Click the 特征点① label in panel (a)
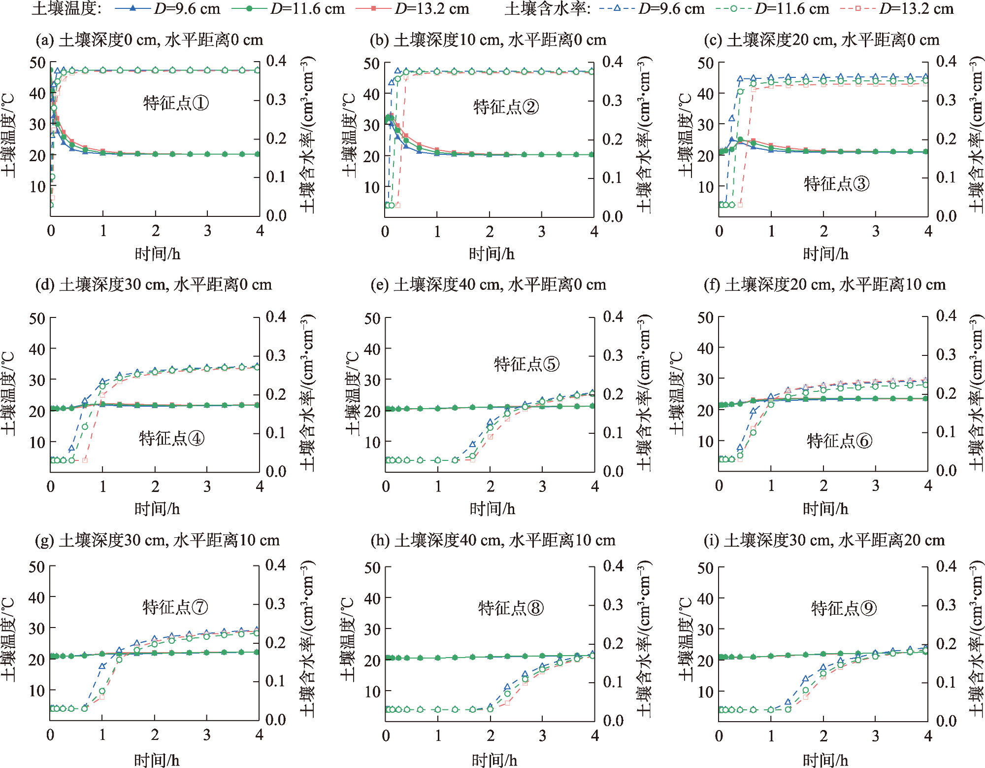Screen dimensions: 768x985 click(x=176, y=103)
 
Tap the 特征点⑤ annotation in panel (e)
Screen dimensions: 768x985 click(x=526, y=364)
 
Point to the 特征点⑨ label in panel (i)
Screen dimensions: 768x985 click(x=844, y=608)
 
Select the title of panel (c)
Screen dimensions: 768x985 click(x=821, y=40)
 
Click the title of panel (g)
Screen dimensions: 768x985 click(x=157, y=541)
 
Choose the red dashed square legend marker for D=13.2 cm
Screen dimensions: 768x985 click(x=858, y=8)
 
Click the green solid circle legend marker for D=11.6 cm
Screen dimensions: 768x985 click(x=249, y=8)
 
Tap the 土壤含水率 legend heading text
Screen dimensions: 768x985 click(x=547, y=8)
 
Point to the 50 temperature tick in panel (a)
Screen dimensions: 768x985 click(x=37, y=63)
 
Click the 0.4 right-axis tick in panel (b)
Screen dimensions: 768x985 click(x=612, y=62)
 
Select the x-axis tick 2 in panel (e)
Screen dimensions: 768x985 click(x=490, y=487)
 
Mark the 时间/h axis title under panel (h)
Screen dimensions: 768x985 click(x=494, y=760)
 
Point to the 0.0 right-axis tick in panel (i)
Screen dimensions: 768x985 click(x=946, y=721)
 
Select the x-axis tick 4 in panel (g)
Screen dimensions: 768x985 click(x=259, y=735)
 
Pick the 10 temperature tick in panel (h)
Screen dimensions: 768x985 click(x=372, y=691)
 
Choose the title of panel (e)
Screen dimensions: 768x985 click(x=488, y=285)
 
